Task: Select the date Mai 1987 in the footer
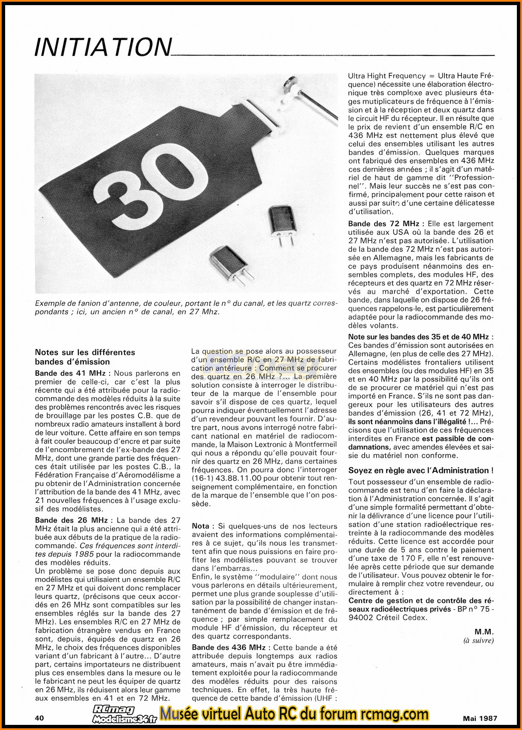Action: [480, 718]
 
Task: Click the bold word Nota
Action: [200, 526]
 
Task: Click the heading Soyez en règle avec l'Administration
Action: [420, 470]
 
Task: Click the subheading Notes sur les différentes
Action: [85, 352]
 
